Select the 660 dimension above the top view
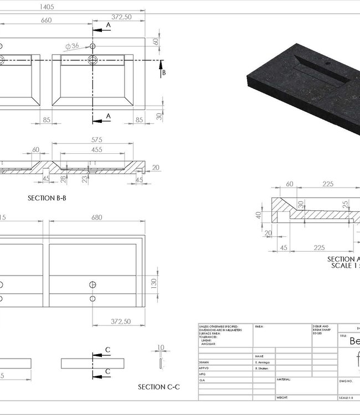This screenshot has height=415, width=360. point(45,20)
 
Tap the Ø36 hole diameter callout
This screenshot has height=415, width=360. point(72,46)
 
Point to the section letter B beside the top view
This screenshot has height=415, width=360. point(164,72)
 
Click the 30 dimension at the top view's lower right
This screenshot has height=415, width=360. point(159,116)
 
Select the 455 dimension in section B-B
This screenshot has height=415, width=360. point(96,149)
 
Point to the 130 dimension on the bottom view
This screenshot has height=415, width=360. point(154,283)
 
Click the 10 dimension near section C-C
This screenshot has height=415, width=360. point(161,348)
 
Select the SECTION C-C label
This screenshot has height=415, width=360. point(159,387)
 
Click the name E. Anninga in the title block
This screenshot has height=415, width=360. point(264,362)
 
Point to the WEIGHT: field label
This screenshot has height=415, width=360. point(283,397)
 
